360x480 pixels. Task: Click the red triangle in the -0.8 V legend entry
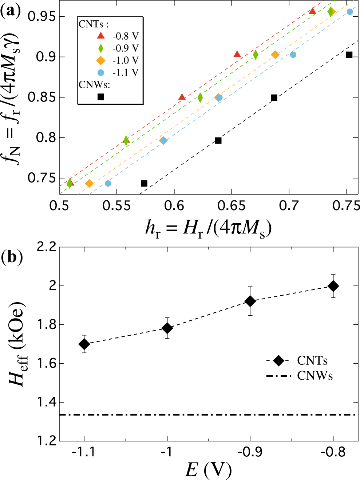[x=101, y=36]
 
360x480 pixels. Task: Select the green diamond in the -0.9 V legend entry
[x=101, y=48]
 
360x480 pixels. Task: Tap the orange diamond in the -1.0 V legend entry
[x=101, y=60]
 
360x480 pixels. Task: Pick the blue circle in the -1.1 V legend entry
[x=101, y=73]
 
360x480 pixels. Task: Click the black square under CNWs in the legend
[x=101, y=97]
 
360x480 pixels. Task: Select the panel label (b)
[x=12, y=257]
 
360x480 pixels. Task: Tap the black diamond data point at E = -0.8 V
[x=333, y=286]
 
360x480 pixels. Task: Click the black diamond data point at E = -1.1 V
[x=84, y=344]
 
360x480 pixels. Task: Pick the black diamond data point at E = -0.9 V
[x=250, y=301]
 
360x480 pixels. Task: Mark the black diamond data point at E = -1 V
[x=167, y=328]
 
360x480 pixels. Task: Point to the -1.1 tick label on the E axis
[x=84, y=452]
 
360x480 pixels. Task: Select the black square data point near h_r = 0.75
[x=349, y=55]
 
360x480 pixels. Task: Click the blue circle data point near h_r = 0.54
[x=108, y=183]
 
